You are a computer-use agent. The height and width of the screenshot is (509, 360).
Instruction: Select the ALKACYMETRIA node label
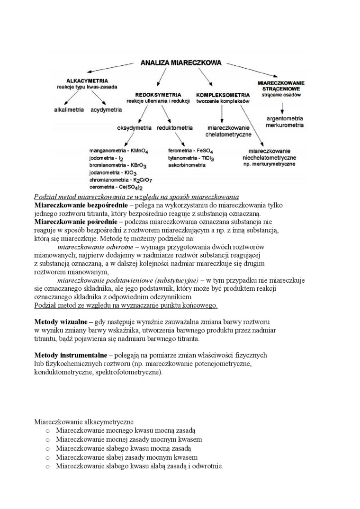87,80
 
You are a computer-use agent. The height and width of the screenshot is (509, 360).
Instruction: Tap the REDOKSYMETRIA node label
158,94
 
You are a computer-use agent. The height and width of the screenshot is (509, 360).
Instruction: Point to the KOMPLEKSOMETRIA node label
223,94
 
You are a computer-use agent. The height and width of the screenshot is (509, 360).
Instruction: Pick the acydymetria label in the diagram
106,109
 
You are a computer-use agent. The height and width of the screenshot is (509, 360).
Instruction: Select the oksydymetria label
134,128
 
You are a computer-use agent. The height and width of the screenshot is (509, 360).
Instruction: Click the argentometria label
285,118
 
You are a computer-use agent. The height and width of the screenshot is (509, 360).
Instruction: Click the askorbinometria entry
187,165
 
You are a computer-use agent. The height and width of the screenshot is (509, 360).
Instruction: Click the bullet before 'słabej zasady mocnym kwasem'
47,457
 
